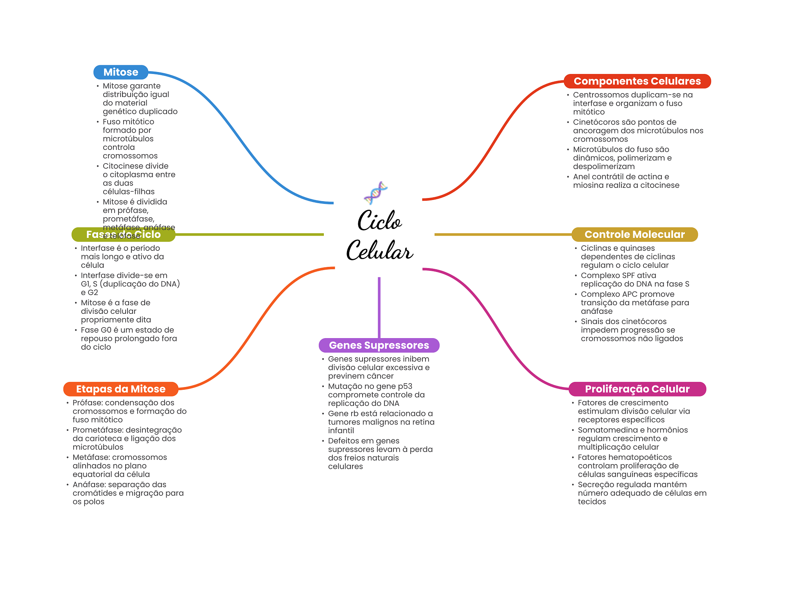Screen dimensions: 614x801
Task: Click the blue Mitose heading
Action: click(x=120, y=72)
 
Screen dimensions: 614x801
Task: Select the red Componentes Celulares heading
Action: click(x=637, y=81)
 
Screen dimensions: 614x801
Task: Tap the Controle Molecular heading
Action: click(x=634, y=234)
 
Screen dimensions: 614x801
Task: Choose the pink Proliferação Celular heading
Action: click(x=637, y=389)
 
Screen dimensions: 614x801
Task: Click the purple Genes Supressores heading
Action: click(x=379, y=345)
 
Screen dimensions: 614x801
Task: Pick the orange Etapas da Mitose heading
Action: click(x=120, y=389)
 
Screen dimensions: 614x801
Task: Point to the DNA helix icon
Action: click(x=375, y=193)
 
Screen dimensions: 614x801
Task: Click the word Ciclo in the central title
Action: click(x=379, y=221)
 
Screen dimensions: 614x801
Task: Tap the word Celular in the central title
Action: click(x=379, y=251)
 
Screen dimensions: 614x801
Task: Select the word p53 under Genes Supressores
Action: click(x=405, y=386)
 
